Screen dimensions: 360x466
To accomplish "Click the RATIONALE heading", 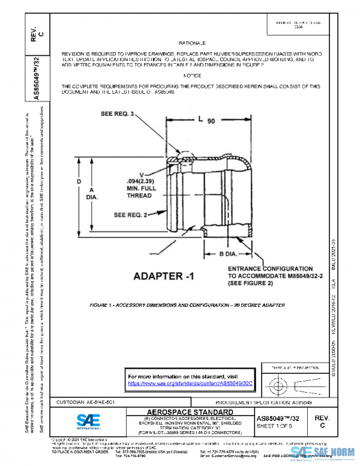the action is click(x=192, y=44).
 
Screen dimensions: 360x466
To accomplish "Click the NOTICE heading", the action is click(x=192, y=76).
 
